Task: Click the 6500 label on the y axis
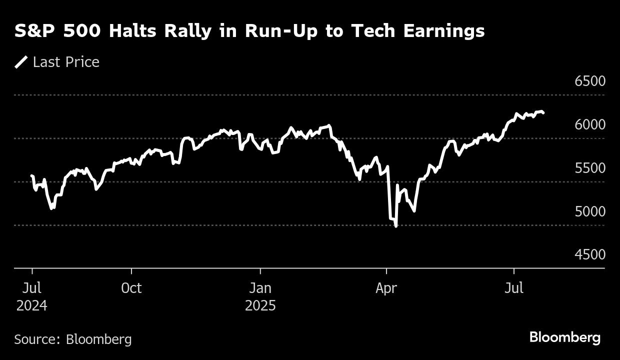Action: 590,81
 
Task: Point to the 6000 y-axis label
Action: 590,124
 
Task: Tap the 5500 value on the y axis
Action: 590,168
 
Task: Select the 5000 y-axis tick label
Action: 590,211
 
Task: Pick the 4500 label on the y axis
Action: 590,254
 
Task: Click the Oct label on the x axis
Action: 131,288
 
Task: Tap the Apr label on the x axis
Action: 386,288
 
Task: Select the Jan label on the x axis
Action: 260,288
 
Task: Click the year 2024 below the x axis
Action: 32,305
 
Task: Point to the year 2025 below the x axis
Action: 260,305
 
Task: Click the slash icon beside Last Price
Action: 21,62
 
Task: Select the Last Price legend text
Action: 66,62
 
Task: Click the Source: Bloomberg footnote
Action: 73,339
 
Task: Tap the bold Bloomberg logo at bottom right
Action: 564,337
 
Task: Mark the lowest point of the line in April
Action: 396,226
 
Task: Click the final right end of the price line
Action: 543,113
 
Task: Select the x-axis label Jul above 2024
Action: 32,288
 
